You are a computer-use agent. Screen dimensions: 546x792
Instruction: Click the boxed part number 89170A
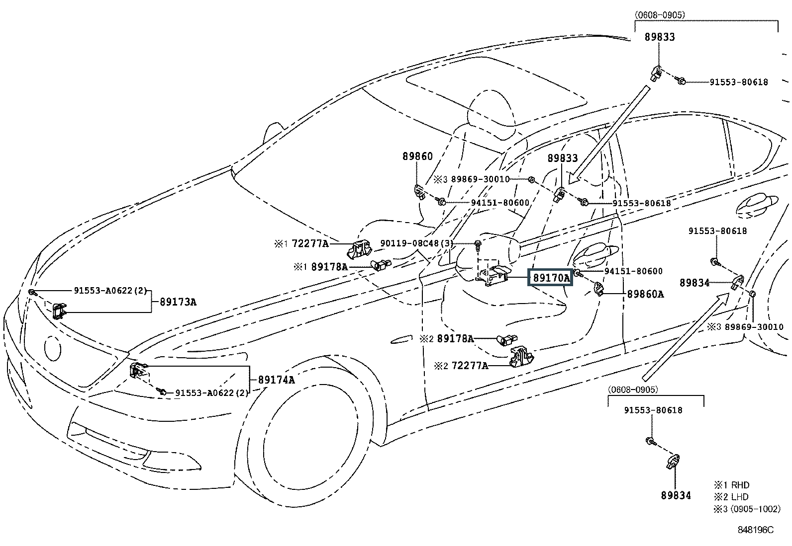(551, 278)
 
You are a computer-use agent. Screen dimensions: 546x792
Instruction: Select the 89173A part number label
(178, 302)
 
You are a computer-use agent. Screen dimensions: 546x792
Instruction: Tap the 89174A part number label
(276, 380)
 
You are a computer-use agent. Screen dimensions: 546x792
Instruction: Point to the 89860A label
(645, 294)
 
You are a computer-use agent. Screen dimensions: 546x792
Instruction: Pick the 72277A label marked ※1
(310, 244)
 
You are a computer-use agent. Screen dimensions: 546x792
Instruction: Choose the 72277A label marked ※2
(469, 366)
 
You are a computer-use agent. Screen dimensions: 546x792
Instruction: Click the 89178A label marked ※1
(329, 267)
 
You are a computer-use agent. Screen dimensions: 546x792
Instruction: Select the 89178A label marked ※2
(455, 339)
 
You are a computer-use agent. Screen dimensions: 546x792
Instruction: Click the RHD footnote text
(740, 485)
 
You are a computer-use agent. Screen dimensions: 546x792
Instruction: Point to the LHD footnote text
(739, 497)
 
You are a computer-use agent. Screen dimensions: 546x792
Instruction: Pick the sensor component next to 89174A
(137, 370)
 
